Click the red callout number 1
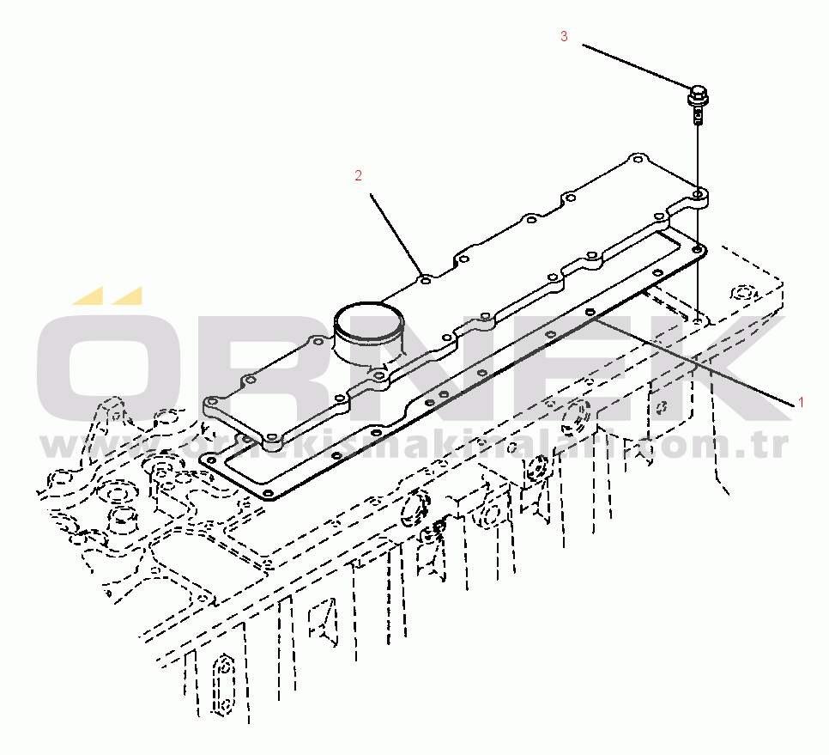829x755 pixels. (x=802, y=401)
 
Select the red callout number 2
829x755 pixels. (x=359, y=175)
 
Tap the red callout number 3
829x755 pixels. (x=564, y=36)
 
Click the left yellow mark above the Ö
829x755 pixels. (x=88, y=296)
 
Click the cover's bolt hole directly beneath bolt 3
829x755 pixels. (x=699, y=197)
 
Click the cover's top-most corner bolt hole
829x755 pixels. (x=636, y=159)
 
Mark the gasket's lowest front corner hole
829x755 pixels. (x=268, y=494)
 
